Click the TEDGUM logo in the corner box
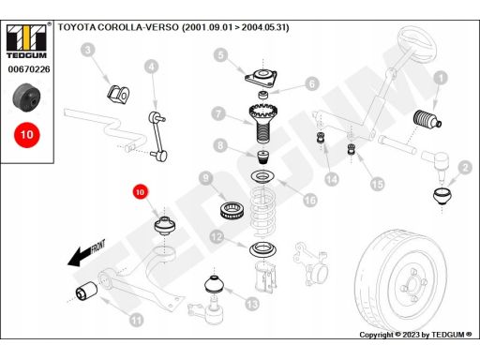27,41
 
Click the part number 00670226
29,69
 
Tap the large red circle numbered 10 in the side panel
27,135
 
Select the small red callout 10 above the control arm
140,192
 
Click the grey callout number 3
88,50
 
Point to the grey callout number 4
152,67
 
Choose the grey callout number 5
221,55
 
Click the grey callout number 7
218,113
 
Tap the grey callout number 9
205,178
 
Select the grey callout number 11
136,320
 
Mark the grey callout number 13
252,304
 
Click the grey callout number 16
310,200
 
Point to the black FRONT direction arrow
86,254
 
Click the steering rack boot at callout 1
427,120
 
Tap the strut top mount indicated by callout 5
262,79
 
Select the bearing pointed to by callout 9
232,210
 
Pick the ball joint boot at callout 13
214,284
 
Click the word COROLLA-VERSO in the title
139,27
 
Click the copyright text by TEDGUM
415,335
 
